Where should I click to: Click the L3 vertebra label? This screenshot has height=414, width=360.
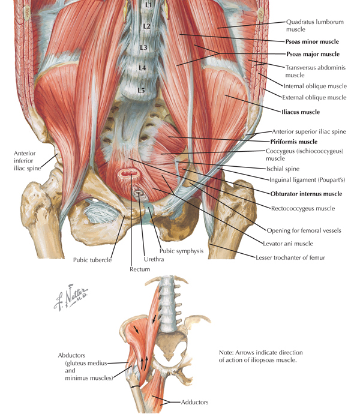[x=143, y=47]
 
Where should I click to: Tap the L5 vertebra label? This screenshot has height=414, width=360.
[x=142, y=90]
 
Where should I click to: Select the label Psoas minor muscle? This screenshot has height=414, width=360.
[x=312, y=42]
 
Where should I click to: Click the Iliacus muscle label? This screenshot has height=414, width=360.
[x=301, y=112]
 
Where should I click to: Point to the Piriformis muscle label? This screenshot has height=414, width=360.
[x=294, y=142]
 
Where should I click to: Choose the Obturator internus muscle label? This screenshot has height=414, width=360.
[x=307, y=194]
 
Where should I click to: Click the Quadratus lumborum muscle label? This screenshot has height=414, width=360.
[x=315, y=26]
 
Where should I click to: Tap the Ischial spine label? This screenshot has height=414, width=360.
[x=283, y=169]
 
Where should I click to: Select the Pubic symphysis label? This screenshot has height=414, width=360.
[x=181, y=251]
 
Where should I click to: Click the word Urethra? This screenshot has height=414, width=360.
[x=154, y=259]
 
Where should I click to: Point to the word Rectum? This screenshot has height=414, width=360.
[x=140, y=269]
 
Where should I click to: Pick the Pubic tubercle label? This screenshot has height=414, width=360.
[x=92, y=260]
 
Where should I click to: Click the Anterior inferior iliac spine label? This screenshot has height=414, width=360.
[x=27, y=161]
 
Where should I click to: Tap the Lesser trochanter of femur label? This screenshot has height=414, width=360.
[x=290, y=257]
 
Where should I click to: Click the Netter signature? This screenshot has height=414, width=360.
[x=71, y=298]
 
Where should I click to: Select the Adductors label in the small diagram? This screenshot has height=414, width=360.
[x=194, y=402]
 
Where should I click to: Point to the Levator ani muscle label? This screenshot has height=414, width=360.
[x=288, y=244]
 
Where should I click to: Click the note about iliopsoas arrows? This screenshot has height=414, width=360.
[x=260, y=356]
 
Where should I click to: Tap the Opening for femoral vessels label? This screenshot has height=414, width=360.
[x=304, y=231]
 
